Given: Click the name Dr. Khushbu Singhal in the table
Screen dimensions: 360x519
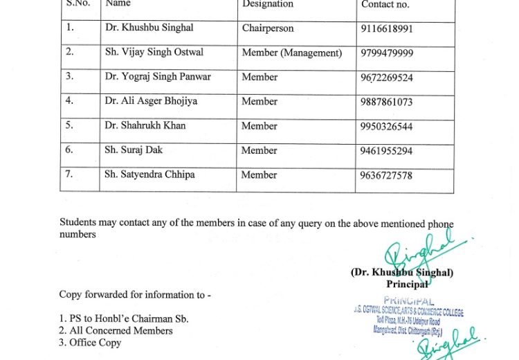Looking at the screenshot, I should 149,28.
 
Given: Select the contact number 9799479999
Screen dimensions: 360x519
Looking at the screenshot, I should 387,53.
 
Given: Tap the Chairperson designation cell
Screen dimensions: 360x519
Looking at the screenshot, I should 268,28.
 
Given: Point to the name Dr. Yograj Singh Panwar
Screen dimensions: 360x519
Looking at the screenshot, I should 158,77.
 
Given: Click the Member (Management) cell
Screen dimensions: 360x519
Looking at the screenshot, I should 291,53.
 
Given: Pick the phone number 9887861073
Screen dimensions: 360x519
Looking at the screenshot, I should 386,102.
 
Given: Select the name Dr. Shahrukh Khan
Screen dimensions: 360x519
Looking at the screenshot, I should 145,126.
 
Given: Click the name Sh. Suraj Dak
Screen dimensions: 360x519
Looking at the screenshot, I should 134,150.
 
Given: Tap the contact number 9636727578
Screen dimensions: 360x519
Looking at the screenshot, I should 386,176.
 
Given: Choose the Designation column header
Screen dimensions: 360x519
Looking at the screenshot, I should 268,4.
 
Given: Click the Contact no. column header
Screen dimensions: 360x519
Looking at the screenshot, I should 385,5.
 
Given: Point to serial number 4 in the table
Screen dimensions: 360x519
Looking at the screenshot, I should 69,101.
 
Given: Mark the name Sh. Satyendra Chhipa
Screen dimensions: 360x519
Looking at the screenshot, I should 149,175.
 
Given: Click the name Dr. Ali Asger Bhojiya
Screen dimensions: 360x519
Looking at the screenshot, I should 151,101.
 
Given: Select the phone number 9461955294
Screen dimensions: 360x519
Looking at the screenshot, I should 386,151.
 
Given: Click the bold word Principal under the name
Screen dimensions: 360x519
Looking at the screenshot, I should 407,285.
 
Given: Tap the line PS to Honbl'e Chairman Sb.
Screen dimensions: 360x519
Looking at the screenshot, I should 124,319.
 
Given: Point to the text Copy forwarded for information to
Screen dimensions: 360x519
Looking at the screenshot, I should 135,295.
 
